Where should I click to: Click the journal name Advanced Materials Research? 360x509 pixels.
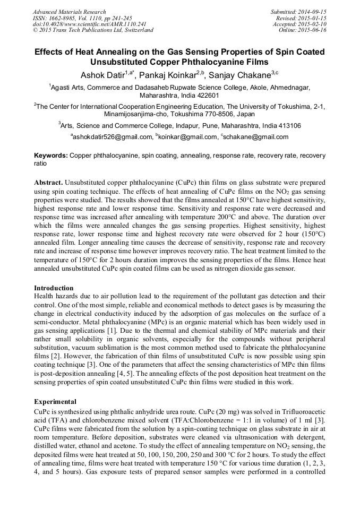69,11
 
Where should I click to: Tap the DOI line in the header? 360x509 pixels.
89,24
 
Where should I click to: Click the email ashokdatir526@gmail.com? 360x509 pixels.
113,137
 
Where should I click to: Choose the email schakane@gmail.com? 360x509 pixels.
256,137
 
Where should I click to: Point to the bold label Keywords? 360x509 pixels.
50,156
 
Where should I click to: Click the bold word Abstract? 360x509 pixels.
48,182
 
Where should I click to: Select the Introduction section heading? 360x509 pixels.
54,288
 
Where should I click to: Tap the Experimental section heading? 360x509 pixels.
55,402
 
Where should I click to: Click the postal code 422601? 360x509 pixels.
207,96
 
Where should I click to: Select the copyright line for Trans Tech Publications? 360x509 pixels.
92,30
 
